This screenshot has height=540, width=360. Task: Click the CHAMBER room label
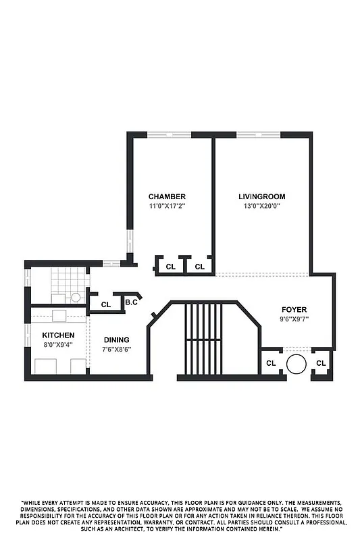click(x=167, y=196)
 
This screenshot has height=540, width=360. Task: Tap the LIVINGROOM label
click(x=257, y=196)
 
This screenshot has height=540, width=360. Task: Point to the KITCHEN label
click(x=58, y=335)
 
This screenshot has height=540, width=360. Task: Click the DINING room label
click(x=116, y=340)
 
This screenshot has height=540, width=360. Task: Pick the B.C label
click(x=132, y=303)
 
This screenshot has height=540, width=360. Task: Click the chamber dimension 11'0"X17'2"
click(x=167, y=206)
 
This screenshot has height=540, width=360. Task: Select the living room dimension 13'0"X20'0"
click(x=257, y=206)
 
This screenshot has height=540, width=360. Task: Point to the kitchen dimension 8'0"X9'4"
click(x=58, y=344)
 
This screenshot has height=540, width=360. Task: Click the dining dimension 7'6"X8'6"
click(x=116, y=349)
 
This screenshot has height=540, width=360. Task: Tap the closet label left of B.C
click(x=106, y=304)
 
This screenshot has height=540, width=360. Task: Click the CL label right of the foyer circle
click(x=321, y=363)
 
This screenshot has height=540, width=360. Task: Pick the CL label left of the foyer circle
click(x=271, y=363)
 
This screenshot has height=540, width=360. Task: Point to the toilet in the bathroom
click(x=76, y=296)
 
